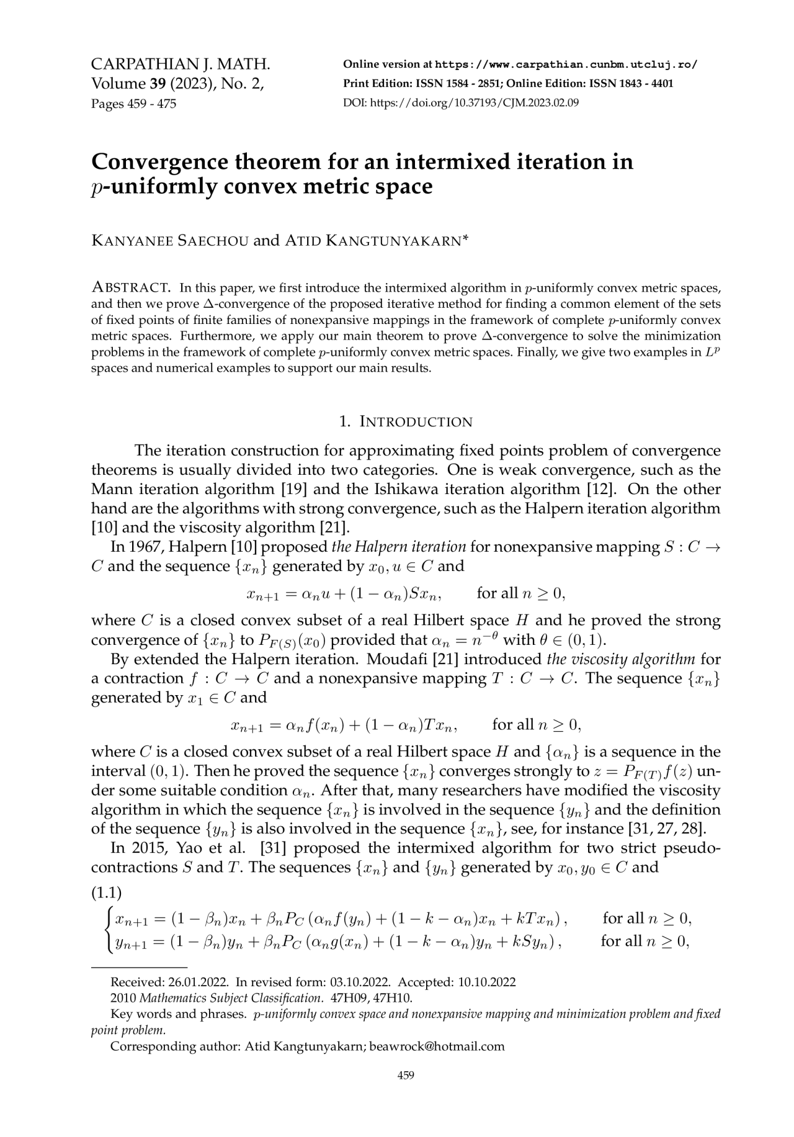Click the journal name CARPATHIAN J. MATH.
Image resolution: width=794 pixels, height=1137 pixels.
[181, 65]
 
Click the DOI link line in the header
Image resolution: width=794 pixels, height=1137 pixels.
[460, 103]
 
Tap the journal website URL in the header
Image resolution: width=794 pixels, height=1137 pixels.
[566, 65]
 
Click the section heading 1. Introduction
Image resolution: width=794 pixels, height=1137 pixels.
[406, 422]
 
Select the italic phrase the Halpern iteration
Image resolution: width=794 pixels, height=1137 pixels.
[399, 547]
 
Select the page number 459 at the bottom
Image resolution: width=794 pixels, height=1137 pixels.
[405, 1093]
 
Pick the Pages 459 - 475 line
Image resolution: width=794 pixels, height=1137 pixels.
[133, 103]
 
